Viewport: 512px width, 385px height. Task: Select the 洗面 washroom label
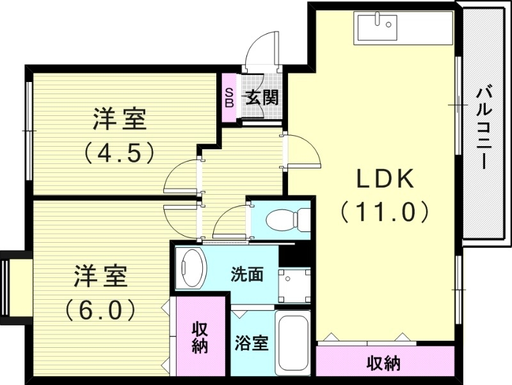[247, 275]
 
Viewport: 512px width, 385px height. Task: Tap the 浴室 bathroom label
[251, 343]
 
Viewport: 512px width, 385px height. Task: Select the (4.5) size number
[120, 152]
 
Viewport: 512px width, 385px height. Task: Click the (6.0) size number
[100, 310]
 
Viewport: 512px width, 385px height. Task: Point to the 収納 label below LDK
[383, 364]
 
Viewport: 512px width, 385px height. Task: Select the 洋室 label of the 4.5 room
[120, 119]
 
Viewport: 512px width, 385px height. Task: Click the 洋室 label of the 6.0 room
[100, 277]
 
